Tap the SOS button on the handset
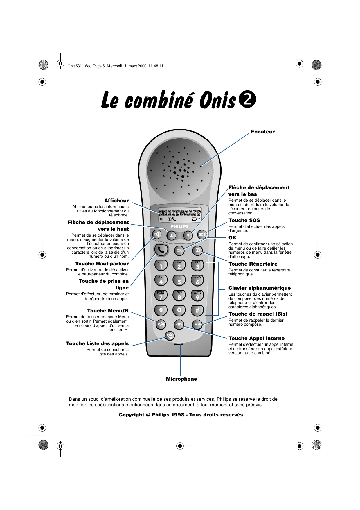[202, 234]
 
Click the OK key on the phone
[179, 250]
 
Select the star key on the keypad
[161, 310]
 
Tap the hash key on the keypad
[197, 310]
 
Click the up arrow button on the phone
[172, 235]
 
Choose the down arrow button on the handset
[188, 235]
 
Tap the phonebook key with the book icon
[197, 250]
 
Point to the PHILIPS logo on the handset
[179, 226]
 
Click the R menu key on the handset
[161, 324]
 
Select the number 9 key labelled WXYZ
[197, 296]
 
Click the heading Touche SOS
[244, 220]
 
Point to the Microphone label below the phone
[181, 379]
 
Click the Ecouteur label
[262, 132]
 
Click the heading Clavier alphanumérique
[259, 288]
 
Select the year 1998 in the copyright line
[178, 415]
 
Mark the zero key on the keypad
[179, 310]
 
